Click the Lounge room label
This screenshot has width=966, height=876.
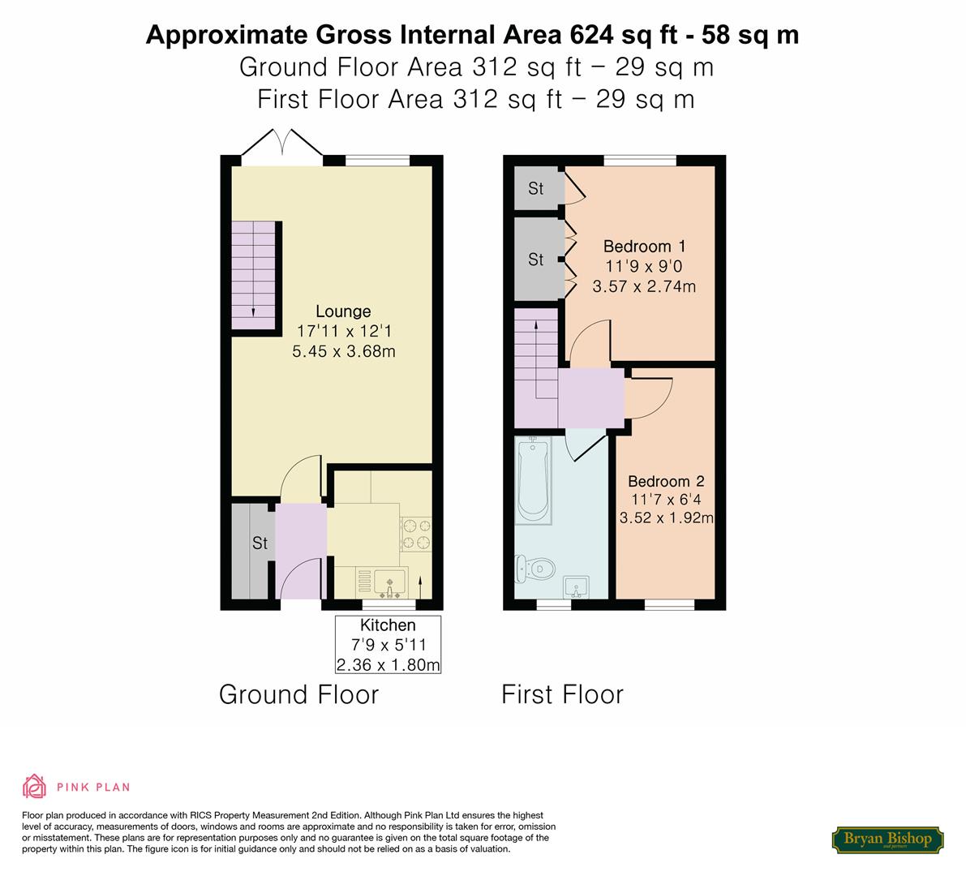tap(343, 311)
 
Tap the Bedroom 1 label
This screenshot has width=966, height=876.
tap(644, 247)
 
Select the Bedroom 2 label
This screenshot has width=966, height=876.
tap(666, 481)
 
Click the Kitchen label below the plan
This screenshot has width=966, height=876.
tap(388, 625)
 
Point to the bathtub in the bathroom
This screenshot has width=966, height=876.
tap(534, 480)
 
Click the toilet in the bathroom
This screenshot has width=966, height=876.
tap(535, 568)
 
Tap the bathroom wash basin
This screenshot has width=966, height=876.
tap(576, 587)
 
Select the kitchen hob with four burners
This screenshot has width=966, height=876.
tap(416, 534)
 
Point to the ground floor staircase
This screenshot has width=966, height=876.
tap(253, 276)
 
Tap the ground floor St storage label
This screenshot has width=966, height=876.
tap(260, 543)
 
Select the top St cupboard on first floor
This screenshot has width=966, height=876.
tap(536, 188)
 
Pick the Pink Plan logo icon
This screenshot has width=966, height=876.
tap(35, 786)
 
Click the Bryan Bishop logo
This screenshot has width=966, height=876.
tap(888, 839)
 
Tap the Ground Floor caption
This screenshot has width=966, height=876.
tap(298, 695)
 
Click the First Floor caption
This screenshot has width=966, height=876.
tap(562, 695)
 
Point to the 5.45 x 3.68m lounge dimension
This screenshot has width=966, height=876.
tap(344, 352)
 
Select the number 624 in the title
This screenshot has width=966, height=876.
tap(591, 35)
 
